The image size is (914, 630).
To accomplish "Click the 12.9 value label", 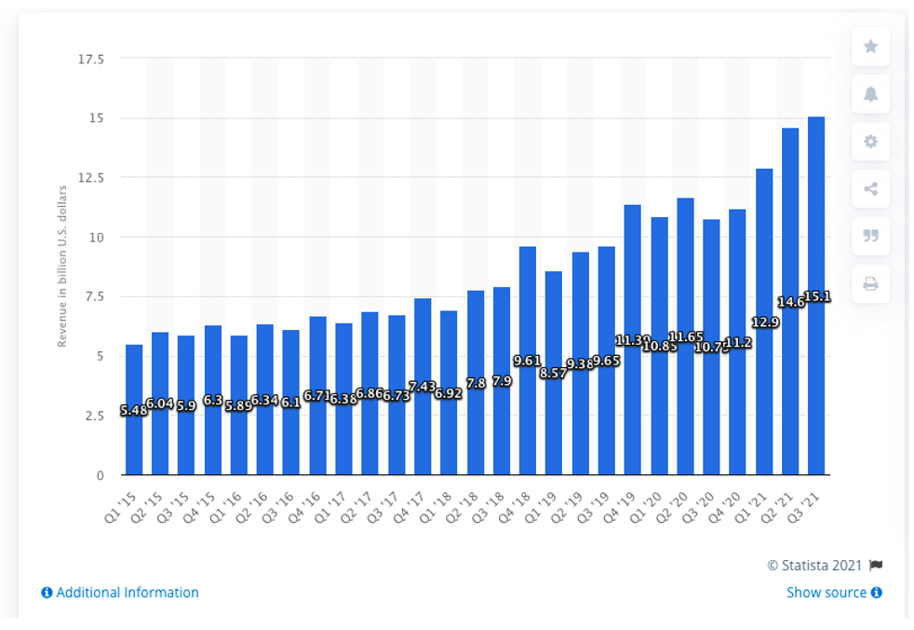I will pyautogui.click(x=764, y=322).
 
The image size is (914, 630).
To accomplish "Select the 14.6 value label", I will pyautogui.click(x=789, y=302).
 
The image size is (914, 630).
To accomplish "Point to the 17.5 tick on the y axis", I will pyautogui.click(x=91, y=59).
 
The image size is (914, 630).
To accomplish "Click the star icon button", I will pyautogui.click(x=870, y=47).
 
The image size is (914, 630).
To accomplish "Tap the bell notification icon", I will pyautogui.click(x=870, y=94).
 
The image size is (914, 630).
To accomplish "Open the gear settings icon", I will pyautogui.click(x=870, y=142).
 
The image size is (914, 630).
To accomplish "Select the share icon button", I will pyautogui.click(x=870, y=189).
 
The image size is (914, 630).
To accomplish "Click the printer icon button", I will pyautogui.click(x=870, y=284).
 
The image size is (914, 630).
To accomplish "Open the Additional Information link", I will pyautogui.click(x=121, y=593).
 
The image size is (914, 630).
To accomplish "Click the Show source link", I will pyautogui.click(x=833, y=593).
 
